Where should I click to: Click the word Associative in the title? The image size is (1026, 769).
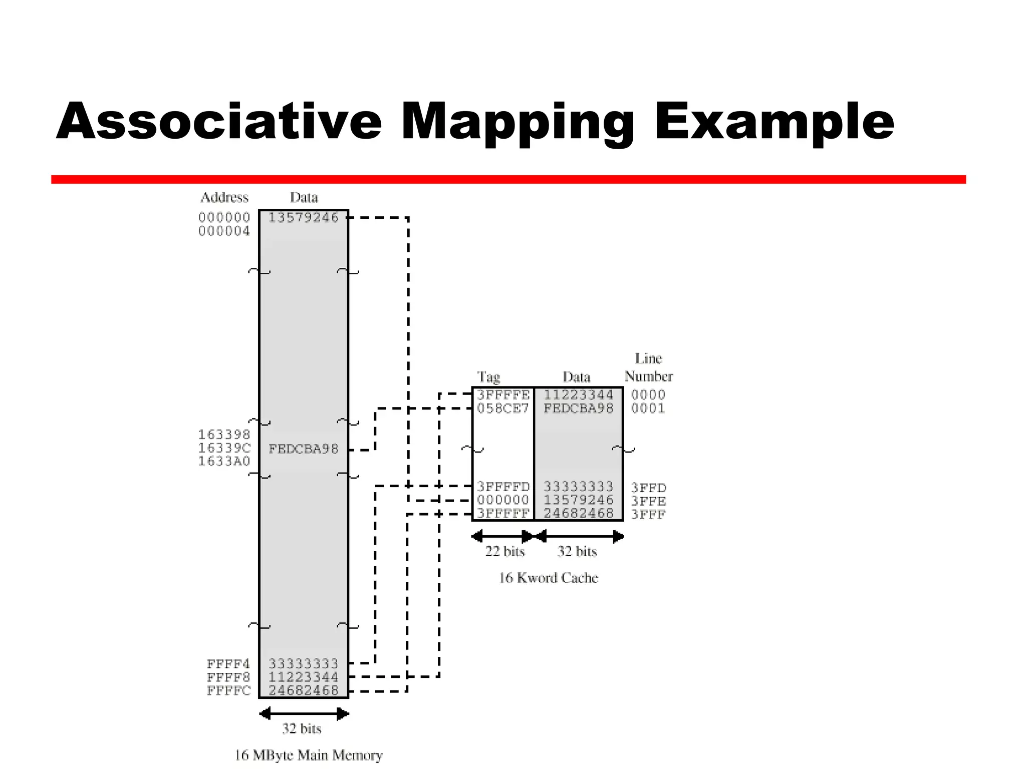coord(219,121)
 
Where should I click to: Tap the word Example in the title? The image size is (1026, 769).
coord(774,122)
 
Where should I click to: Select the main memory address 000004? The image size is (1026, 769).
coord(224,231)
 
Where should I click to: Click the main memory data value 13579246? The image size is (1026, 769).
coord(304,218)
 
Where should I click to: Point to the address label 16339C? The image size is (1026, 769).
coord(224,448)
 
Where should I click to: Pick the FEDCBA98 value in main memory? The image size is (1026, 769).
coord(304,449)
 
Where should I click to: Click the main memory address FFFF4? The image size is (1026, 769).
coord(228,664)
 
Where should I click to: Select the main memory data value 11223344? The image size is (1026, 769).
coord(304,677)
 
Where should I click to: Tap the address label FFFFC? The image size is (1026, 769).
coord(228,691)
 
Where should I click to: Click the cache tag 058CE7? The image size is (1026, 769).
coord(503,409)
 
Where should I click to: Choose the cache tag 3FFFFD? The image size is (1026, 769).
coord(503,487)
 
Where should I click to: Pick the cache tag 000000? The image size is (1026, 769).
coord(503,500)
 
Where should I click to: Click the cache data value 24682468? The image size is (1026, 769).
coord(579,514)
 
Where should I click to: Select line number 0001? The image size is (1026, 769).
coord(648,409)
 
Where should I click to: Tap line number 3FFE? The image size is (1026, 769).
coord(648,501)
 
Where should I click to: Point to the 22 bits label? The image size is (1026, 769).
coord(504,552)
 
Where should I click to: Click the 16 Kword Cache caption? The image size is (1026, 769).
coord(549,578)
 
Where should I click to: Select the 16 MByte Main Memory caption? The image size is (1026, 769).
coord(309,755)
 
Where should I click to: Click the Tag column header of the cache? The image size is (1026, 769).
coord(488,377)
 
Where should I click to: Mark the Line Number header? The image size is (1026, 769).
coord(649,367)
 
